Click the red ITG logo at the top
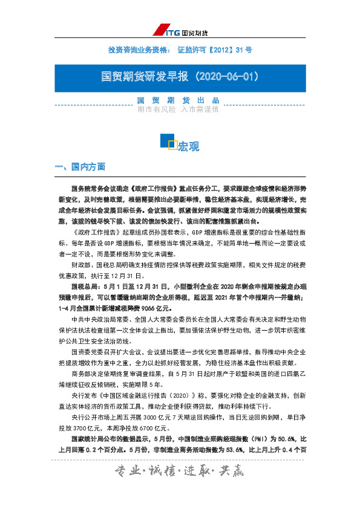coord(167,30)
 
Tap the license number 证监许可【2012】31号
coord(215,48)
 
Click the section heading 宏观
coord(188,146)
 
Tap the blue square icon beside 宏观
coord(168,141)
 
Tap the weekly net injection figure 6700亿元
coord(160,427)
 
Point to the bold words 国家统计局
coord(89,439)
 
